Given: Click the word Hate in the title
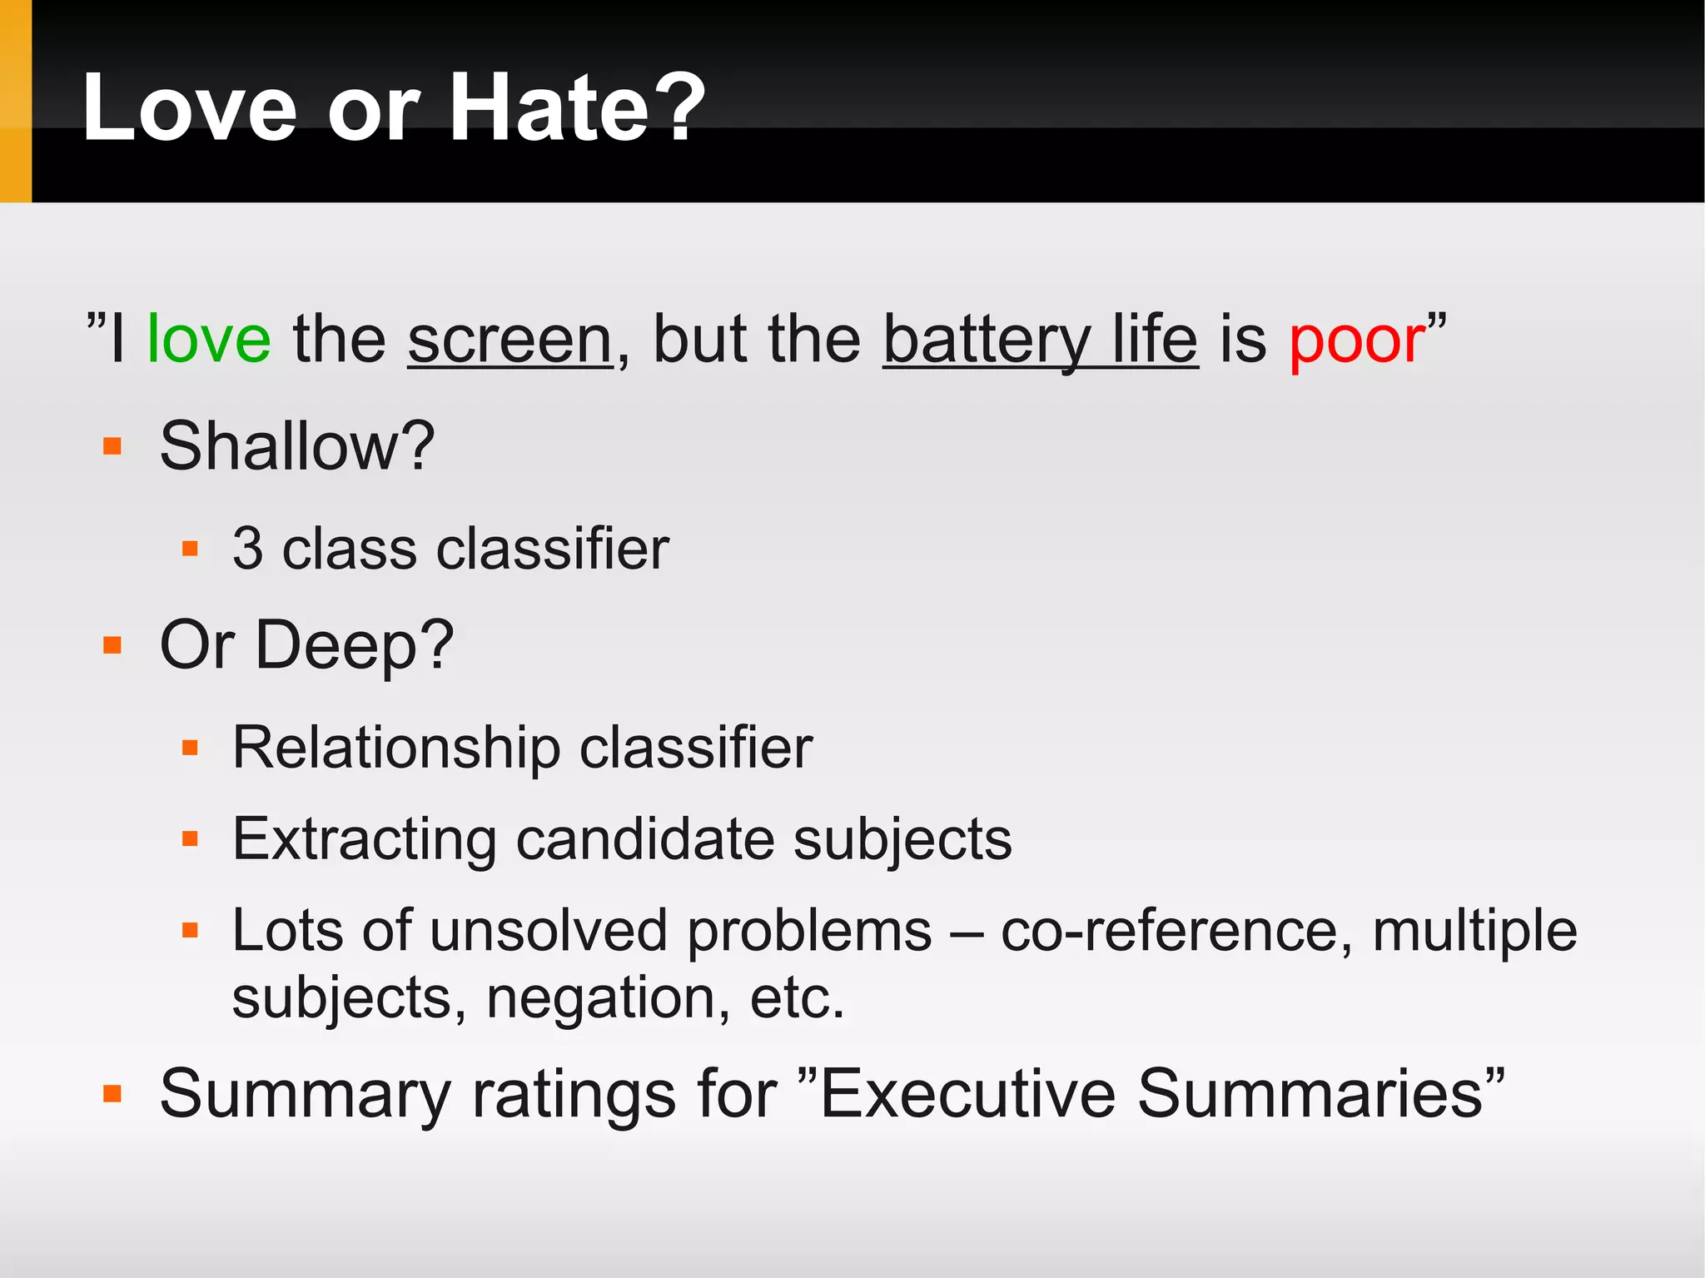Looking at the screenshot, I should coord(549,108).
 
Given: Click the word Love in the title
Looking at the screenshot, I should coord(190,108).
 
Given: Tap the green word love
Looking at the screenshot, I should coord(209,340).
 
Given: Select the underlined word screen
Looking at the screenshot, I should coord(510,340).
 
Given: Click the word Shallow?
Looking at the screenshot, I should coord(297,446).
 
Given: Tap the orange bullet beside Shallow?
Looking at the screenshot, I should coord(112,446).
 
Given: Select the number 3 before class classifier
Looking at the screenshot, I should coord(248,549).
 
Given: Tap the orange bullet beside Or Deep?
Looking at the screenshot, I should coord(112,645).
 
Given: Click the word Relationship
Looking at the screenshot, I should coord(396,748).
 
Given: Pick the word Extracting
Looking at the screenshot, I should coord(365,839).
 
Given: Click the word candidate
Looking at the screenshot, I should coord(644,839).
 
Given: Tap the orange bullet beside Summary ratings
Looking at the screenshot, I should coord(112,1093).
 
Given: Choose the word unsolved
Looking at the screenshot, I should coord(549,930).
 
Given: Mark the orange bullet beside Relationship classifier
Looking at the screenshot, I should coord(190,748).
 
